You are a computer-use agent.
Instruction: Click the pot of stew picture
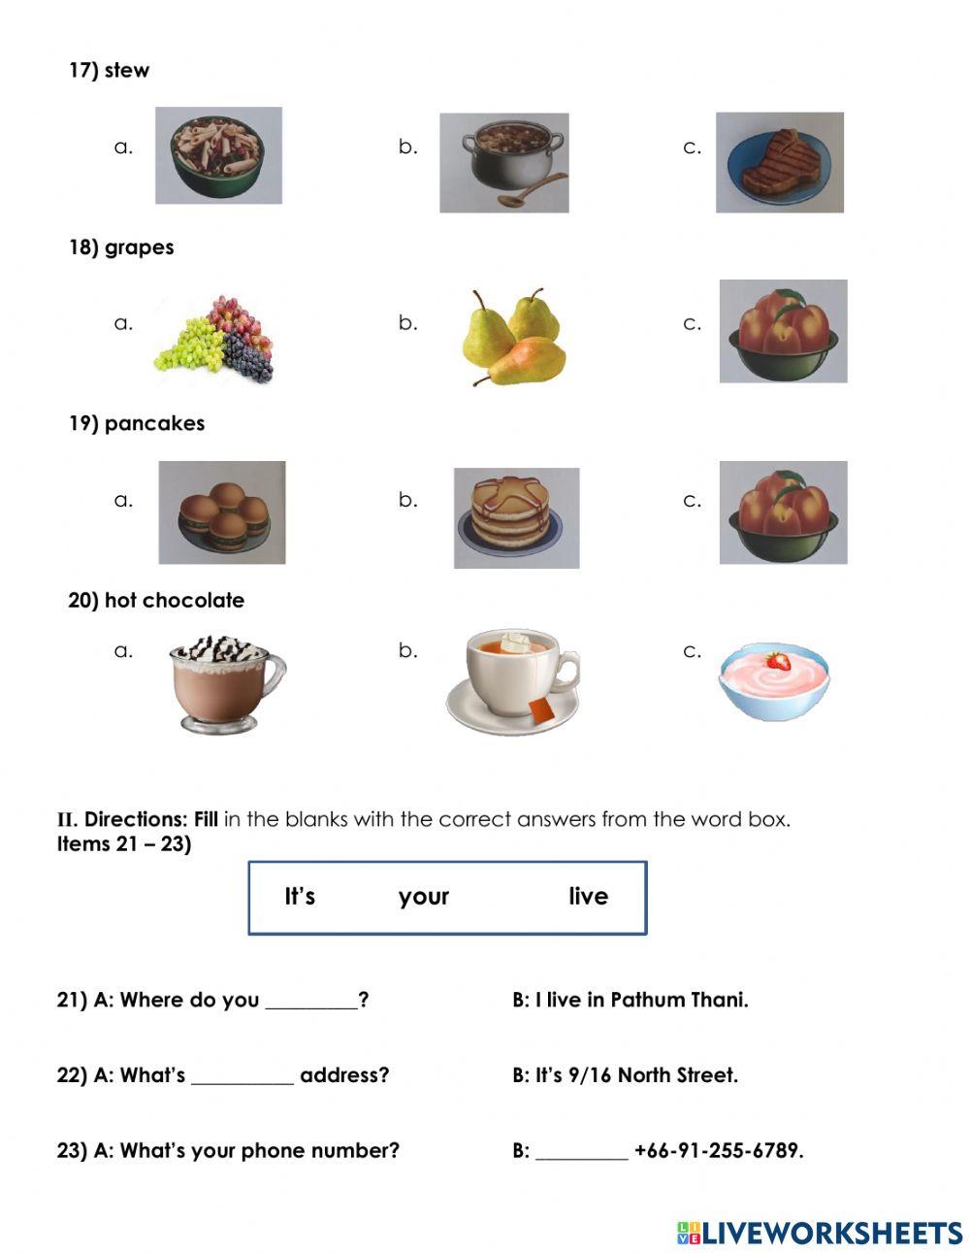click(x=504, y=162)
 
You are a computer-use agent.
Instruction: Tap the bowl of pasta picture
click(x=218, y=155)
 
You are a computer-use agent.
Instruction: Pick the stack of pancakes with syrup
click(x=516, y=516)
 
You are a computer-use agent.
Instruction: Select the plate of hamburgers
click(x=222, y=512)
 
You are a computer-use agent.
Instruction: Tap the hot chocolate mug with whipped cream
click(x=223, y=682)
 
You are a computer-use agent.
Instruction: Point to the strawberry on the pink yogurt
click(x=777, y=662)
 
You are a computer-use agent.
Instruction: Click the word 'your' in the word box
click(x=423, y=896)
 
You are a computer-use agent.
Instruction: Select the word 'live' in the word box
click(x=588, y=896)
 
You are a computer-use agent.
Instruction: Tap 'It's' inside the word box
click(x=300, y=896)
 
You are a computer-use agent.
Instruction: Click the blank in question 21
click(x=310, y=1002)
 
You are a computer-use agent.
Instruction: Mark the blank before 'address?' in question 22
click(x=242, y=1077)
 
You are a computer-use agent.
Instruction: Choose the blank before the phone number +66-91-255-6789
click(x=581, y=1153)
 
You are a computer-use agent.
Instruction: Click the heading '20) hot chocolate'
click(x=156, y=600)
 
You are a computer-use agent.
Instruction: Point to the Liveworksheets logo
click(x=820, y=1233)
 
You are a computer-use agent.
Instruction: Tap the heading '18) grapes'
click(x=121, y=247)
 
